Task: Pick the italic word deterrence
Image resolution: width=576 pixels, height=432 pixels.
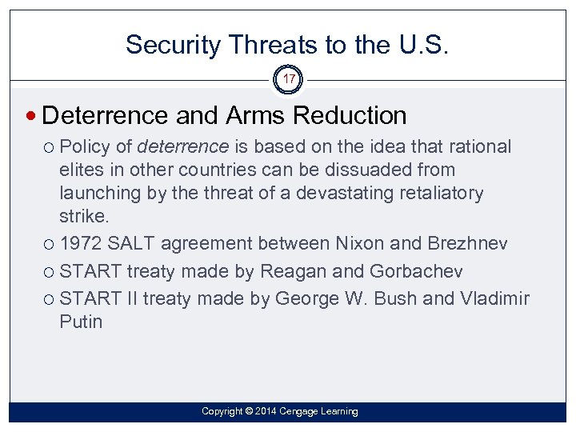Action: click(x=183, y=147)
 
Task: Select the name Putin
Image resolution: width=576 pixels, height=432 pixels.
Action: click(x=81, y=322)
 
